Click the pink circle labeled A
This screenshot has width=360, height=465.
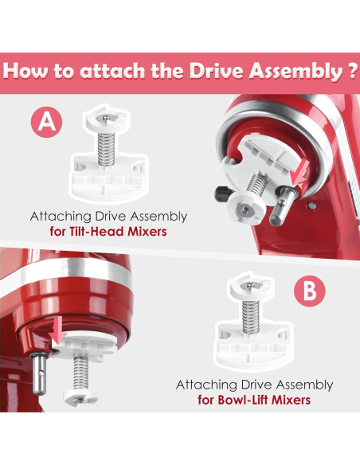point(47,122)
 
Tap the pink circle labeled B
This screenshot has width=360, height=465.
point(310,291)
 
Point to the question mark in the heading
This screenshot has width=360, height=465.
point(351,71)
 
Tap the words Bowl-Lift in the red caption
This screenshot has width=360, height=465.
point(243,400)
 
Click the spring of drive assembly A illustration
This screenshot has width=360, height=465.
point(106,149)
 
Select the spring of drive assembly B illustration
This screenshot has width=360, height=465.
point(251,318)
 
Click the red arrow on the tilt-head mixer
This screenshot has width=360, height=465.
point(299,175)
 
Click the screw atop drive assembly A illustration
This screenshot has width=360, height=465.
point(106,118)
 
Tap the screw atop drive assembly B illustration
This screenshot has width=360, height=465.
point(251,286)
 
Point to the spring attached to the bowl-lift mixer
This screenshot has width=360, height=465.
point(80,373)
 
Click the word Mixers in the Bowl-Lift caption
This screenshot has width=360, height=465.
point(292,400)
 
